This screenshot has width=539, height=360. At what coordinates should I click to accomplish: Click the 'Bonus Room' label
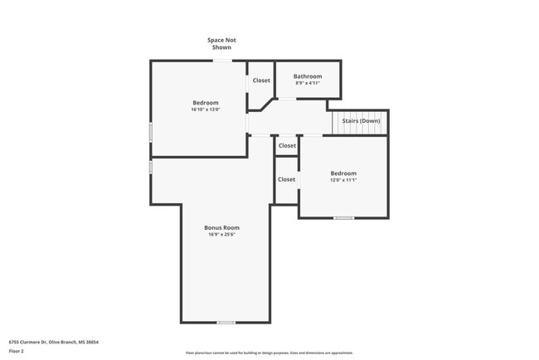pos(222,227)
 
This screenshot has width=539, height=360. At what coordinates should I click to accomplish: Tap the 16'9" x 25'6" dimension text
pos(222,235)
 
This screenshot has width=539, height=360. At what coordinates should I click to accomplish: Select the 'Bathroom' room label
pos(307,76)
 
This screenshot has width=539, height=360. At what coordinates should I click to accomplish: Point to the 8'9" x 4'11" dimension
pos(307,83)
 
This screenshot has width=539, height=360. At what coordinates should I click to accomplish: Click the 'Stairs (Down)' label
pos(361,120)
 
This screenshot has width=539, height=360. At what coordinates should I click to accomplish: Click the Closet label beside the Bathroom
pos(261,80)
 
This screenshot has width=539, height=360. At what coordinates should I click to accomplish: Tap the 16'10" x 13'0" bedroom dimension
pos(206,109)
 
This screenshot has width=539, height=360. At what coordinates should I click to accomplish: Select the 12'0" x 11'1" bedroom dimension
pos(343,179)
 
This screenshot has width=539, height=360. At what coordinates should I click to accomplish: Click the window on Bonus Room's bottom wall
pos(226,322)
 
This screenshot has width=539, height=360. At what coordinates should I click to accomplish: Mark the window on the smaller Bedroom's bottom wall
pos(343,218)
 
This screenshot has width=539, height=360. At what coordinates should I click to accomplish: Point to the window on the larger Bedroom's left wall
pos(150,131)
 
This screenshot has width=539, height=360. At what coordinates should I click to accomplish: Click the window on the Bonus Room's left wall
pos(150,167)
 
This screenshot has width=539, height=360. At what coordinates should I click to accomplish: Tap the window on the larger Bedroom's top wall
pos(221,61)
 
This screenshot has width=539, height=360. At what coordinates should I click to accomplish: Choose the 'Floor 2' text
pos(17,351)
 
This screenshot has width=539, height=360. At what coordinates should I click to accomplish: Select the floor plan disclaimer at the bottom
pos(269,353)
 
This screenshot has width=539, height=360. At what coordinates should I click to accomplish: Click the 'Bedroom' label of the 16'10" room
pos(206,102)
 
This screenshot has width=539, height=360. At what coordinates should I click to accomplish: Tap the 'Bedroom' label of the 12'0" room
pos(343,173)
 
